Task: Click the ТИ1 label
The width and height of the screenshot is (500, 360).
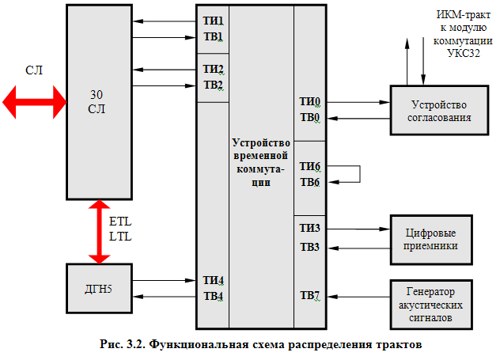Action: (x=213, y=21)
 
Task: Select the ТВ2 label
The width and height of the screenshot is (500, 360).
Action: (x=213, y=85)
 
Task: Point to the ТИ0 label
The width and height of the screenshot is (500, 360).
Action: (x=309, y=102)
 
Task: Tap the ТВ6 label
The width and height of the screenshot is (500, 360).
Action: (x=309, y=183)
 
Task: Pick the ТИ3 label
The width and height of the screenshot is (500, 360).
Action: (x=309, y=229)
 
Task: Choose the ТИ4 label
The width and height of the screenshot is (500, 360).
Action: (x=213, y=280)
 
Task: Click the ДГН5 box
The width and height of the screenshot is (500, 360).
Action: (x=99, y=288)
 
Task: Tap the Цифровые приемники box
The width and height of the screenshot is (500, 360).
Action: (x=431, y=239)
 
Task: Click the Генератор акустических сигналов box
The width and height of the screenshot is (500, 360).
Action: (x=431, y=305)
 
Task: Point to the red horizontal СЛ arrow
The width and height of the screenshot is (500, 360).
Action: (x=34, y=100)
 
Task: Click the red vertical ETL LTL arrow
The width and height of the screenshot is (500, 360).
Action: (x=99, y=232)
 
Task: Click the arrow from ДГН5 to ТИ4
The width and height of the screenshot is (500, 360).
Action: (x=163, y=280)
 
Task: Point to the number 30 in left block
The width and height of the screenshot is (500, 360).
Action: (x=97, y=93)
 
